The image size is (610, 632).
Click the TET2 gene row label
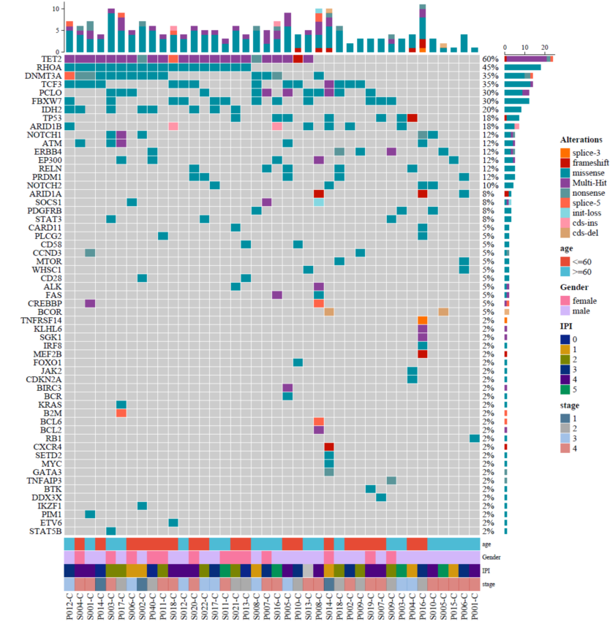pos(51,58)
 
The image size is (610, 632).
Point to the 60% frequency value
pos(489,58)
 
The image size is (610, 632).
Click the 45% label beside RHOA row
pos(489,67)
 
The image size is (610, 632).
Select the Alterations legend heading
pos(581,139)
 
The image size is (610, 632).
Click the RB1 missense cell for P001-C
pos(475,438)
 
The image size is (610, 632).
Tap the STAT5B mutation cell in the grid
pos(111,530)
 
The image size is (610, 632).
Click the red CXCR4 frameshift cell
pos(329,446)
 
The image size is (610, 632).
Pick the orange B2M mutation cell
pos(121,413)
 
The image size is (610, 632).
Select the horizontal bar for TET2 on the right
pos(527,58)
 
